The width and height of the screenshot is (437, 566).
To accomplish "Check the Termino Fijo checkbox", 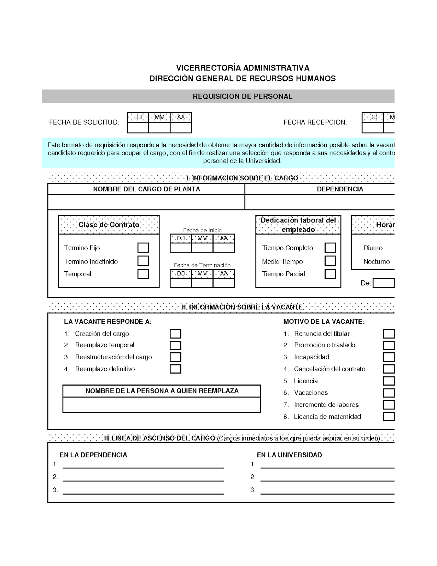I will (143, 248).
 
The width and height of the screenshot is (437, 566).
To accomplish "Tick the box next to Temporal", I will (143, 274).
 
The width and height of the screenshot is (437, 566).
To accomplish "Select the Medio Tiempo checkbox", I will (330, 261).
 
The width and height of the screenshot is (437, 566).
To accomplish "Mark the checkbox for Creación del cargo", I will (175, 334).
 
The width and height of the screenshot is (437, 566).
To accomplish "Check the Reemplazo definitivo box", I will (175, 369).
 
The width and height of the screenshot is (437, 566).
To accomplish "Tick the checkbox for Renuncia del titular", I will (389, 334).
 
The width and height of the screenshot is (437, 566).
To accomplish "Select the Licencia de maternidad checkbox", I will (389, 417).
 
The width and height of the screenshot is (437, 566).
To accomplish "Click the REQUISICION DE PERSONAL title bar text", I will (243, 96).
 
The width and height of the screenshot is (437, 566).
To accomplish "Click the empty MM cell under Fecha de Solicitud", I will (159, 128).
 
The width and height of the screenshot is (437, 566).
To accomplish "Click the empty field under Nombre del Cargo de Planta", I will (146, 202).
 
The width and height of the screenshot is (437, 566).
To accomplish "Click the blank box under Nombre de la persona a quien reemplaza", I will (162, 405).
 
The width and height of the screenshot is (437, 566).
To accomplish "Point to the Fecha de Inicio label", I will (202, 230).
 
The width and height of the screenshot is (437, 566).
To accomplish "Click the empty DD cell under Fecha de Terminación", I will (181, 283).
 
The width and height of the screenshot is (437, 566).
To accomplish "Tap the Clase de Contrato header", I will (109, 225).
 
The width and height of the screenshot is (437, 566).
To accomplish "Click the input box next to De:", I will (384, 283).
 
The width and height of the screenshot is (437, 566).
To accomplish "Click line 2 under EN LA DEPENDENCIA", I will (143, 478).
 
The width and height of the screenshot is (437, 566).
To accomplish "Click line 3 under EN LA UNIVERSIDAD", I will (327, 490).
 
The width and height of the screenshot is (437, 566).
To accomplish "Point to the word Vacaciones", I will (311, 393).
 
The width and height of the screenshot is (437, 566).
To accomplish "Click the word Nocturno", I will (377, 262).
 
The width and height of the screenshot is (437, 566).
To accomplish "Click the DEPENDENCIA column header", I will (340, 189).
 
